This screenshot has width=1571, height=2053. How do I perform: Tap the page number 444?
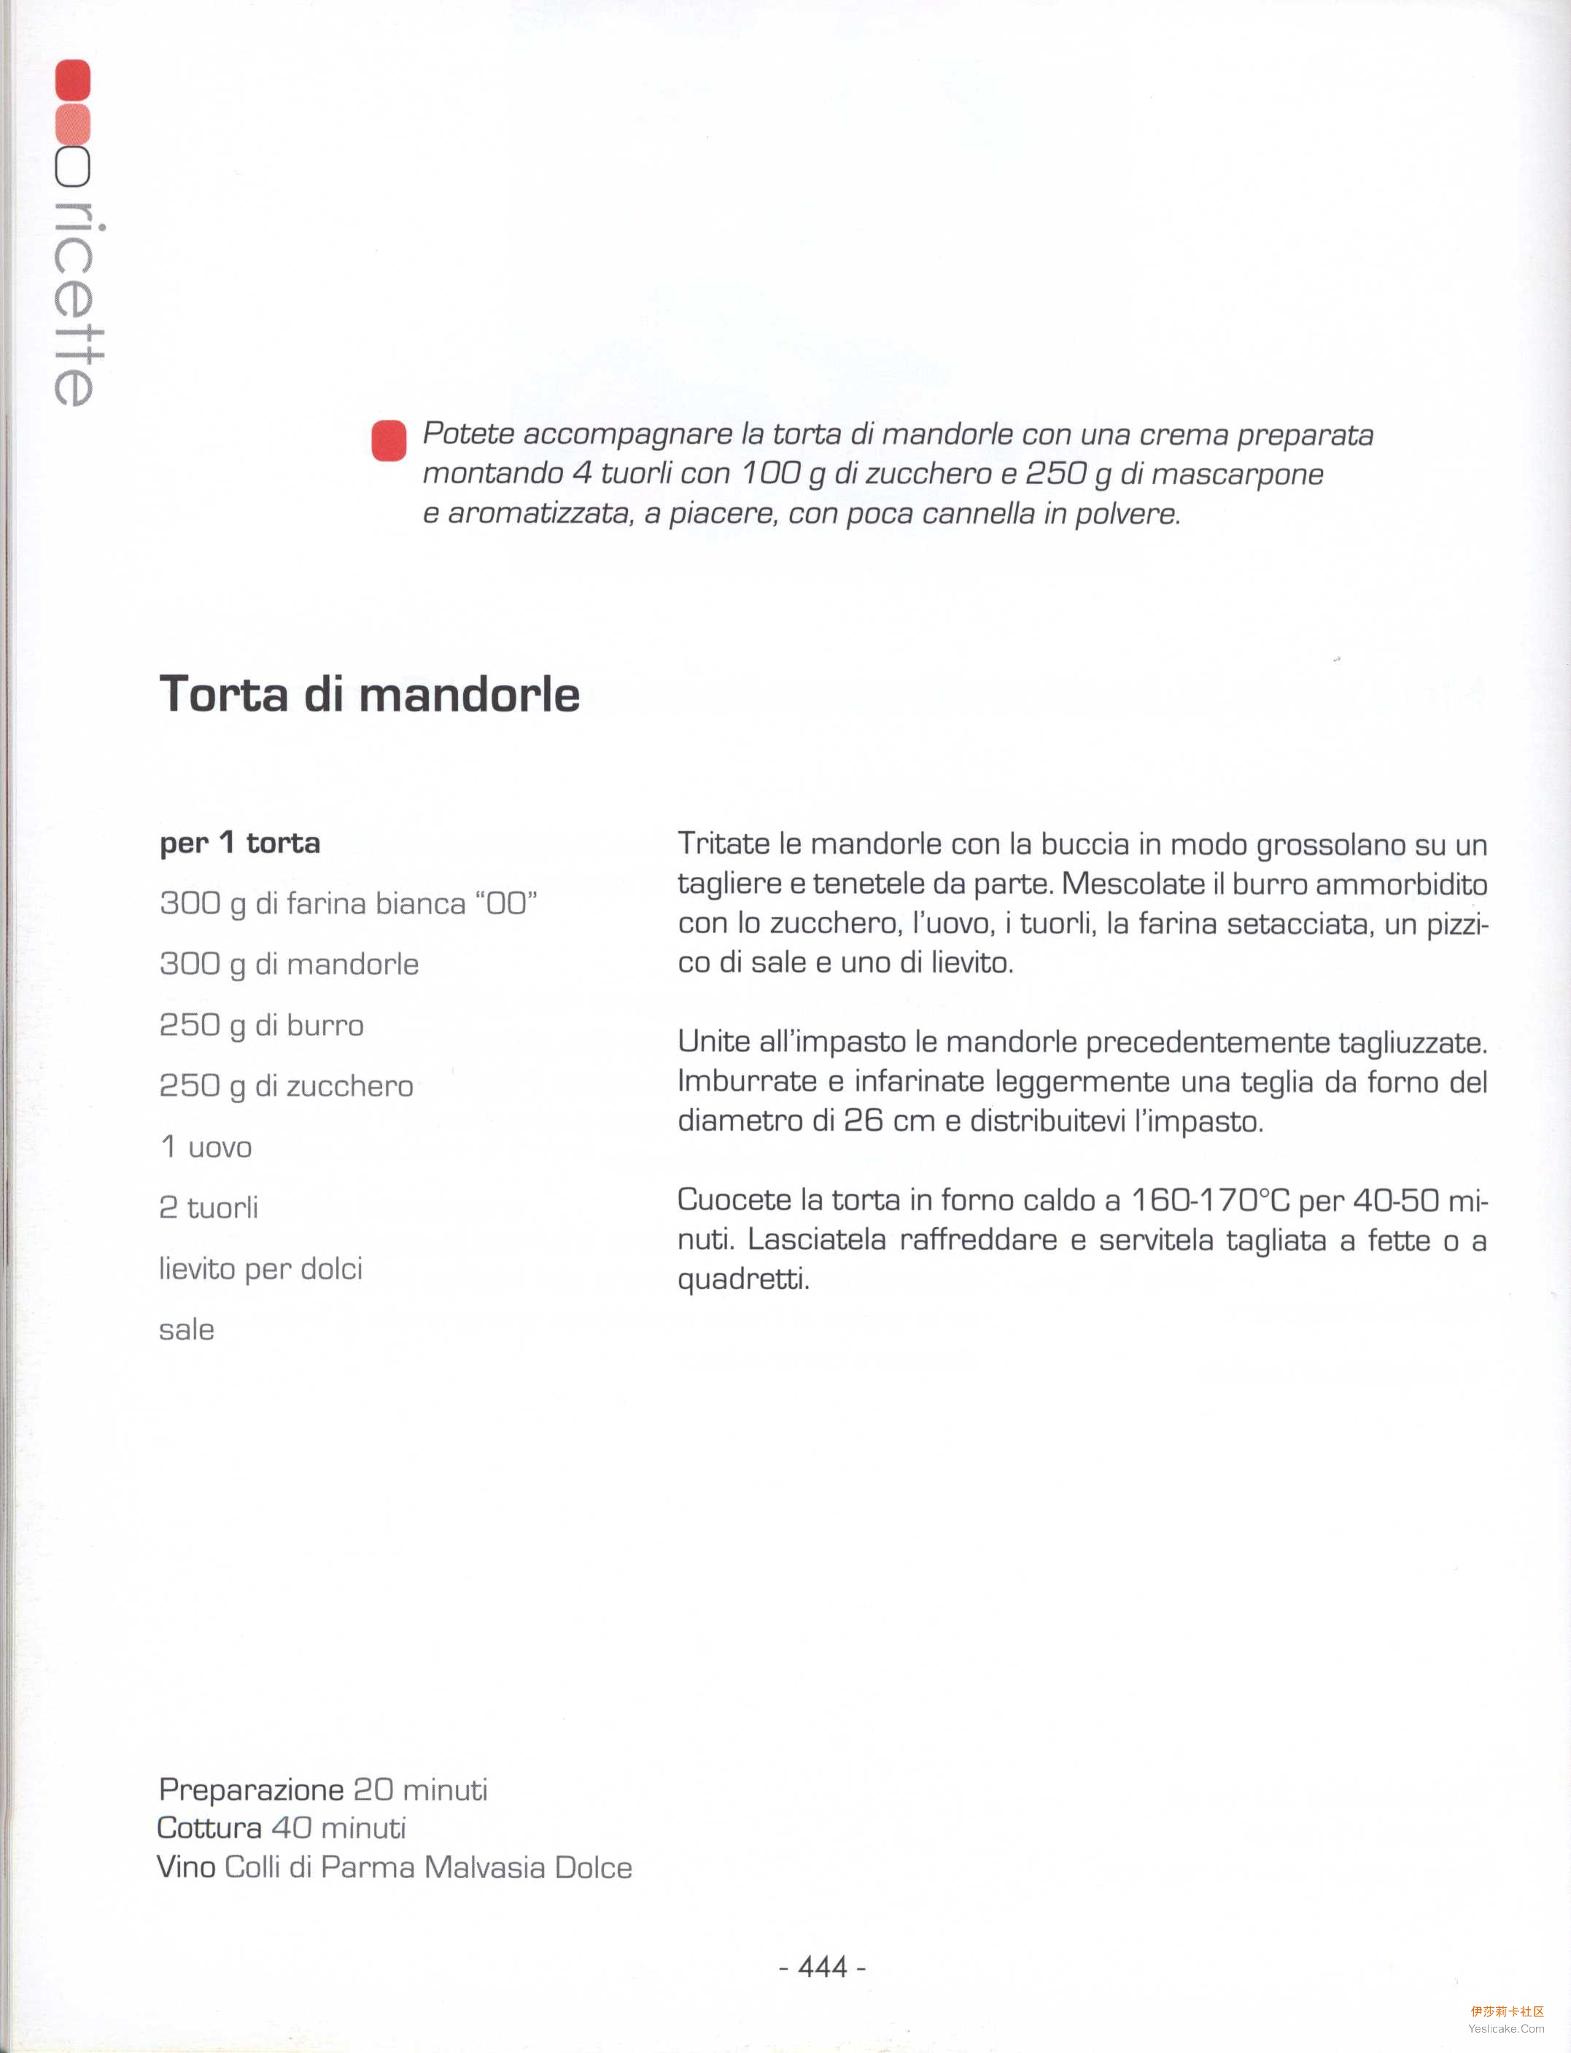point(822,1967)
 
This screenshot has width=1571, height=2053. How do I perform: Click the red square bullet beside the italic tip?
point(389,440)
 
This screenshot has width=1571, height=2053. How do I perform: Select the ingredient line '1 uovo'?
point(206,1146)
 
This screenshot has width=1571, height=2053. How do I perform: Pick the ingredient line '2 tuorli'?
point(209,1207)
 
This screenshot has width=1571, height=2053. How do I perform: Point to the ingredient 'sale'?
point(187,1329)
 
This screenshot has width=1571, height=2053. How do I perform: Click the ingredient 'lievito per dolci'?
point(261,1269)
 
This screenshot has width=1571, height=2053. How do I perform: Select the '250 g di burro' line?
point(262,1024)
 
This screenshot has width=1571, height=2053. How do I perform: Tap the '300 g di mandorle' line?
point(289,964)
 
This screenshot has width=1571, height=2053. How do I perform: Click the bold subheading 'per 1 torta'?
point(241,842)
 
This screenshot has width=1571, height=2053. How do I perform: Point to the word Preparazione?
point(251,1789)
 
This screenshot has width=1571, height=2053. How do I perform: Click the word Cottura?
point(209,1828)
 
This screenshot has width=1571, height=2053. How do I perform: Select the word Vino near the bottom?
point(186,1867)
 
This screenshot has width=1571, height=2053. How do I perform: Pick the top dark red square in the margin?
point(73,80)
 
